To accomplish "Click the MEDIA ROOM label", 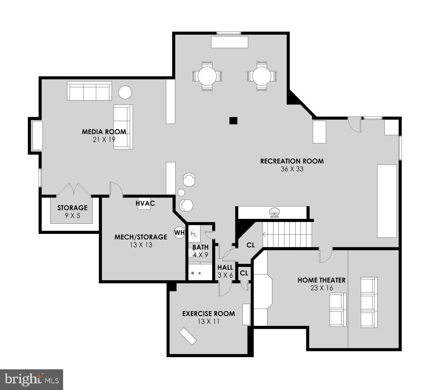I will click(104, 132).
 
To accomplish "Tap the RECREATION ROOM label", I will click(292, 161).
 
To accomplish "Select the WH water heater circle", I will click(179, 232).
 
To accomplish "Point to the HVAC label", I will click(145, 203).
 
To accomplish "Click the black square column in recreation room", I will click(233, 121).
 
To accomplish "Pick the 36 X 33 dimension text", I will click(292, 169).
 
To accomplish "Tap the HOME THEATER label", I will click(321, 280).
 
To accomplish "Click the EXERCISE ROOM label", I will click(208, 314).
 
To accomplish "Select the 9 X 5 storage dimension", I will click(72, 216).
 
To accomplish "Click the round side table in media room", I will click(125, 93).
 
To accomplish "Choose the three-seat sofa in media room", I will click(89, 91).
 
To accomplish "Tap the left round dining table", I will click(207, 76).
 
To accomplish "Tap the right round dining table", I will click(262, 76).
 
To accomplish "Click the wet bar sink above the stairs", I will click(275, 212).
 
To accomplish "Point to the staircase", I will click(287, 235).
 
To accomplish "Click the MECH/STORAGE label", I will click(141, 237).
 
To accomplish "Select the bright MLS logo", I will click(32, 379).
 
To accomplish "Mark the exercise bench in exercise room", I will click(188, 336).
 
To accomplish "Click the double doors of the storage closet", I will click(74, 189).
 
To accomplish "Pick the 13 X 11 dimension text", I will click(208, 321).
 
